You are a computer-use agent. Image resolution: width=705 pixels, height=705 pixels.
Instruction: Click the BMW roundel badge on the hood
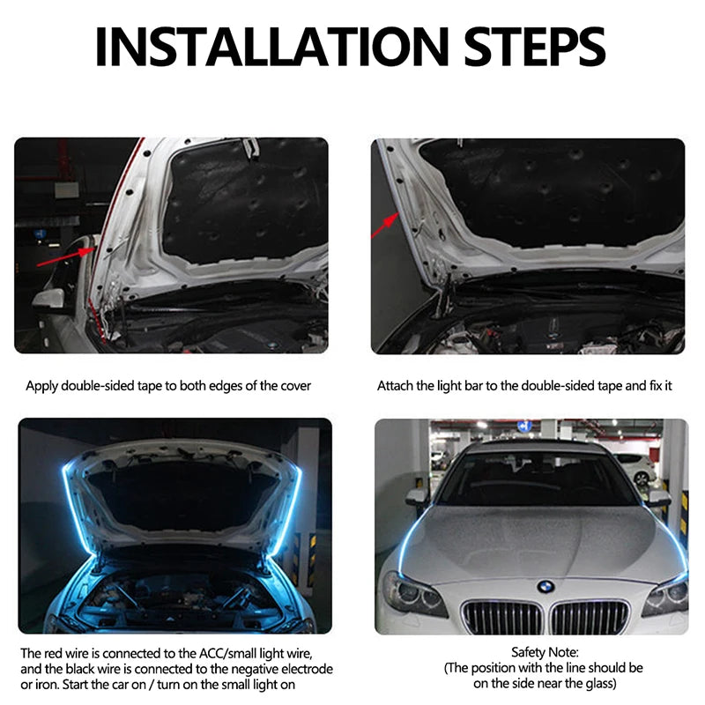coord(546,586)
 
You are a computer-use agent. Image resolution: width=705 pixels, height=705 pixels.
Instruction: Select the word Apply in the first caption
coord(41,386)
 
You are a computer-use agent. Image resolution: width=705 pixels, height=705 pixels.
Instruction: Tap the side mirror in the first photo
coord(51,298)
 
